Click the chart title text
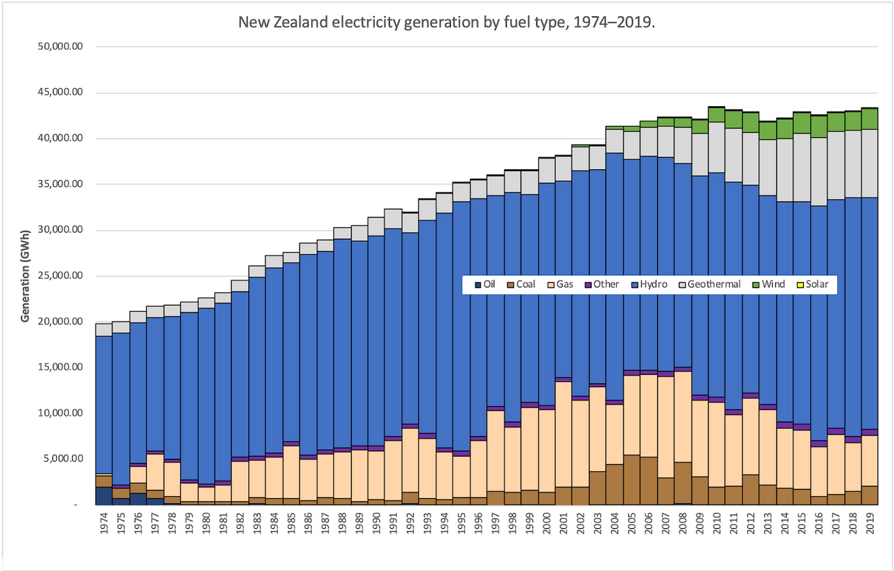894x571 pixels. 447,21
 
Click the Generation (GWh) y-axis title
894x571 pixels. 26,276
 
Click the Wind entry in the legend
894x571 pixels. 773,284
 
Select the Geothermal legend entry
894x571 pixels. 713,284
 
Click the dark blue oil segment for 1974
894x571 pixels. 104,496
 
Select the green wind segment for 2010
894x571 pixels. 717,114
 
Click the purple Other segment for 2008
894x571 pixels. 683,369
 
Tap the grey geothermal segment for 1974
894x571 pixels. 104,329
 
